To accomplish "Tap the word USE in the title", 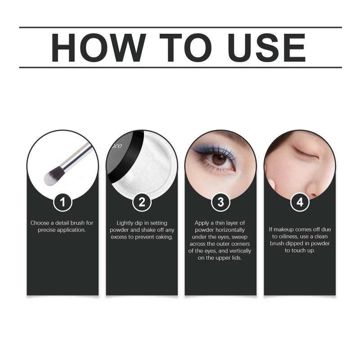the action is [267, 48].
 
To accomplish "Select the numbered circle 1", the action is [63, 202].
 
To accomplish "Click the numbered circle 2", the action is [142, 202].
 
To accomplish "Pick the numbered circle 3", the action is [220, 202].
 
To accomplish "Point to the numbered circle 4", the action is [300, 202].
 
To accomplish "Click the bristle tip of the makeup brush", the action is [48, 180].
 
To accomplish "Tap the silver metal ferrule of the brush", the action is [75, 157].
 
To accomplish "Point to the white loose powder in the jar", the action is [147, 167].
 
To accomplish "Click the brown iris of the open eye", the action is [220, 160].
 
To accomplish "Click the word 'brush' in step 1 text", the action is [77, 223].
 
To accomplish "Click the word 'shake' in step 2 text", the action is [148, 230].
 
